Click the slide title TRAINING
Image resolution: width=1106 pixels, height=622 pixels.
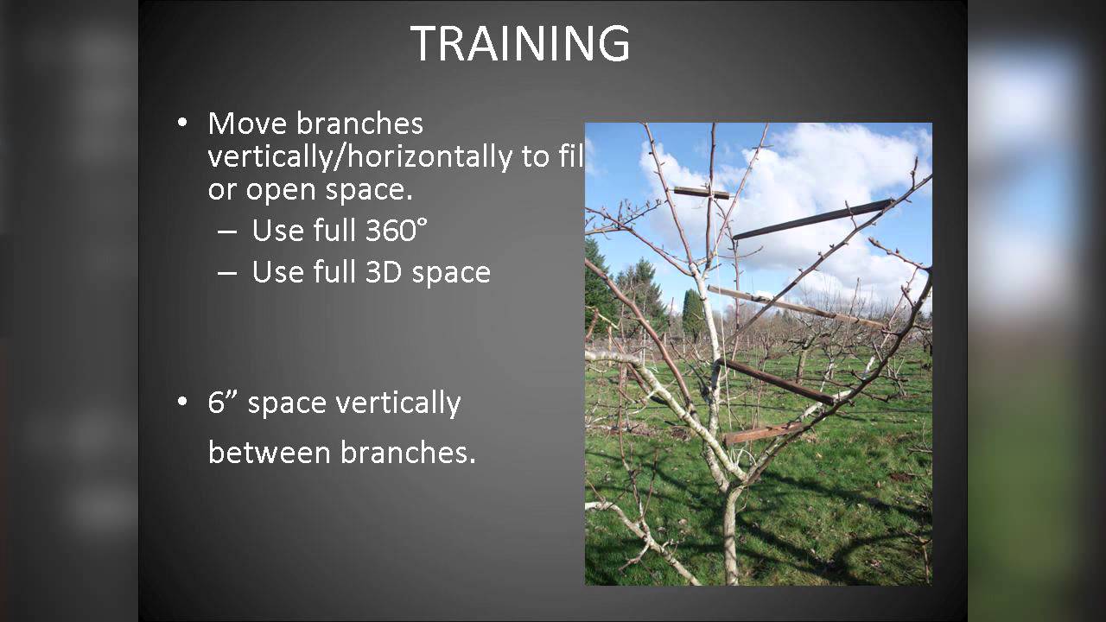(x=520, y=43)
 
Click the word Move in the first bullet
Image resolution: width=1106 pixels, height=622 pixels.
(x=247, y=124)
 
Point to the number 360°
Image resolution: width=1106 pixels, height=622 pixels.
(x=397, y=230)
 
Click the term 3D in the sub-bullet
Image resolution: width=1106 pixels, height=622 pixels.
(x=384, y=272)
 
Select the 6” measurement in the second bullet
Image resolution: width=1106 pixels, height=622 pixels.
(x=224, y=403)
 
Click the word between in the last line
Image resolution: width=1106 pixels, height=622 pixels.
(x=269, y=452)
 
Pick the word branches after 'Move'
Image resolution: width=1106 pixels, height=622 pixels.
(x=359, y=124)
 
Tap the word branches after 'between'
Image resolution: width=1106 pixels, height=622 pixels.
(x=408, y=452)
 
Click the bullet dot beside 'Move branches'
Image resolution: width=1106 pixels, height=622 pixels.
(x=182, y=123)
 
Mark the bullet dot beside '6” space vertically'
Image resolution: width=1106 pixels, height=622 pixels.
(x=182, y=402)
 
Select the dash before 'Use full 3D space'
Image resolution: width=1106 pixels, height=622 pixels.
(x=226, y=273)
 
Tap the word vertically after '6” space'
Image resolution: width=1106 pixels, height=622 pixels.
(x=398, y=403)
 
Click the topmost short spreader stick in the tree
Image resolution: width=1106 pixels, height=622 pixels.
(x=701, y=193)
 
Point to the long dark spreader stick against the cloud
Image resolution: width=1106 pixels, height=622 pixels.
(x=813, y=219)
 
